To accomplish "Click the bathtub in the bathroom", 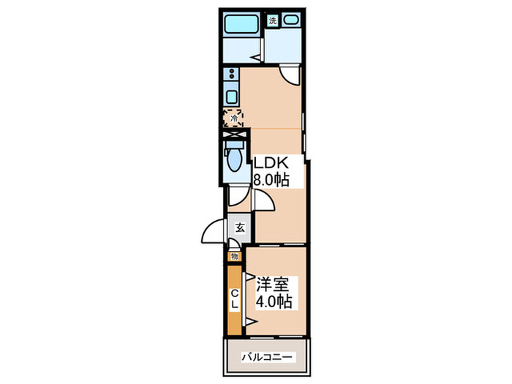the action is click(241, 23).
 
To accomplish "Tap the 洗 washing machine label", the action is click(273, 21).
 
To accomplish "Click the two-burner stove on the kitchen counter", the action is click(232, 74).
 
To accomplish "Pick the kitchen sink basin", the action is click(232, 97).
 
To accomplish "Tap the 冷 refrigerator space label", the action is click(234, 118).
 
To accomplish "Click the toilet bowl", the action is click(234, 159).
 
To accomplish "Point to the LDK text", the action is click(271, 162).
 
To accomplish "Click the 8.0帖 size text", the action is click(271, 179).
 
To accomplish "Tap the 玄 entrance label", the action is click(240, 227).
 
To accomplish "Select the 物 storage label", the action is click(234, 257).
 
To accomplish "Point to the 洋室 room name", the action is click(272, 285).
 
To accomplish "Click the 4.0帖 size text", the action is click(274, 301).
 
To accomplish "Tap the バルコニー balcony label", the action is click(267, 357).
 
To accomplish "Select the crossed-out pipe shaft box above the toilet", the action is click(233, 134).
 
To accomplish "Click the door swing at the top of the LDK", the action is click(290, 76).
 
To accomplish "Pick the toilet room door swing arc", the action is click(239, 197).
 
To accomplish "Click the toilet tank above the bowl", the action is click(234, 145).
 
